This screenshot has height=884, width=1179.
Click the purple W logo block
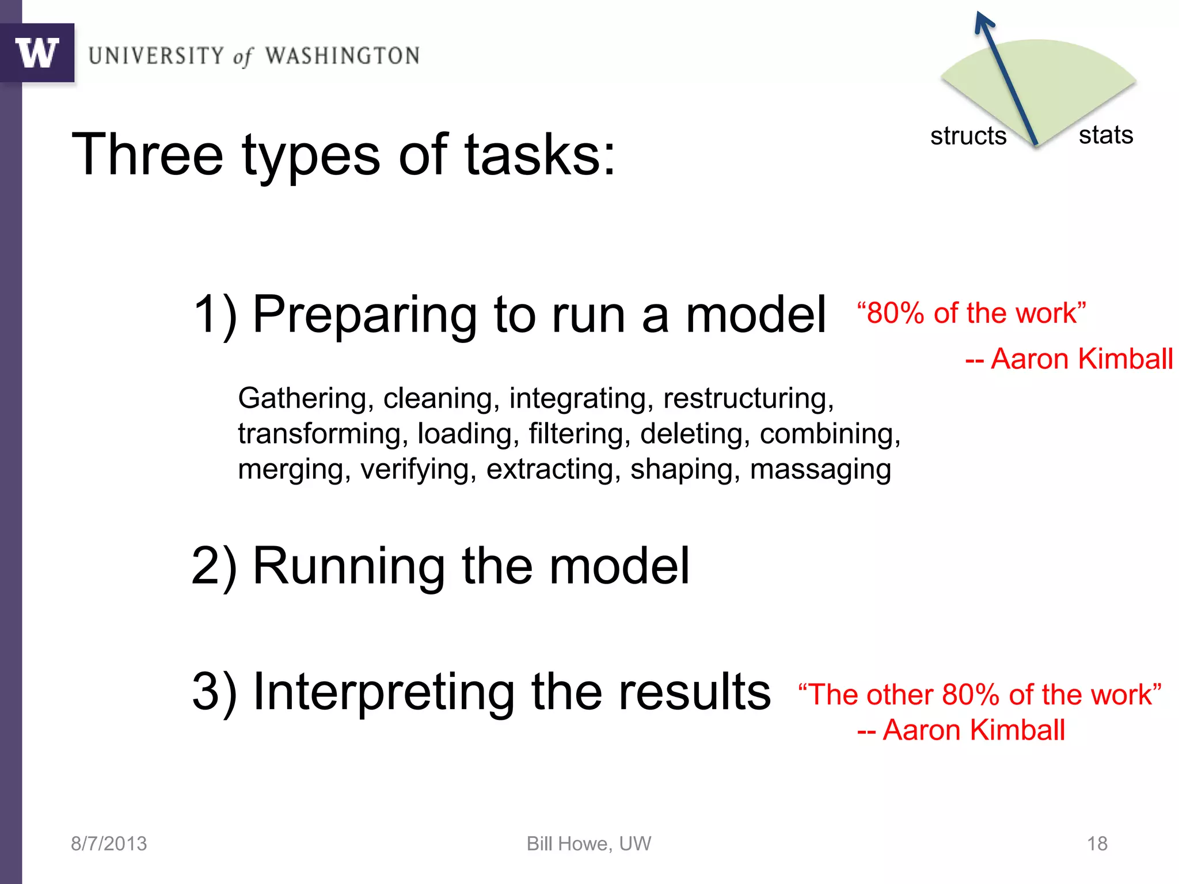coord(37,53)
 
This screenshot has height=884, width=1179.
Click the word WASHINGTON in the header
coord(342,56)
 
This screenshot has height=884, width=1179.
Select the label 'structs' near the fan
coord(968,136)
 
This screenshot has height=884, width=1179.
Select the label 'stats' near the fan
coord(1105,135)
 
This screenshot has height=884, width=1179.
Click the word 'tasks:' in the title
coord(540,154)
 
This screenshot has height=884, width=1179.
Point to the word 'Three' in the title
coord(147,154)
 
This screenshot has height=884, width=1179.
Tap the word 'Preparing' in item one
coord(364,315)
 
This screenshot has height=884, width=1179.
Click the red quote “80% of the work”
coord(971,313)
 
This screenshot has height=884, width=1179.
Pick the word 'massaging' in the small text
coord(820,470)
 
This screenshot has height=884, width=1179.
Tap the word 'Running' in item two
coord(349,566)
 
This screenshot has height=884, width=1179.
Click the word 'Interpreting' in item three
coord(384,692)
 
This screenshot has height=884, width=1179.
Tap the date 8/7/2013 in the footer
coord(109,844)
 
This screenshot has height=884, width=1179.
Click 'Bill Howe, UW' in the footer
coord(589,844)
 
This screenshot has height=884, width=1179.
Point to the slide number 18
coord(1097,844)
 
